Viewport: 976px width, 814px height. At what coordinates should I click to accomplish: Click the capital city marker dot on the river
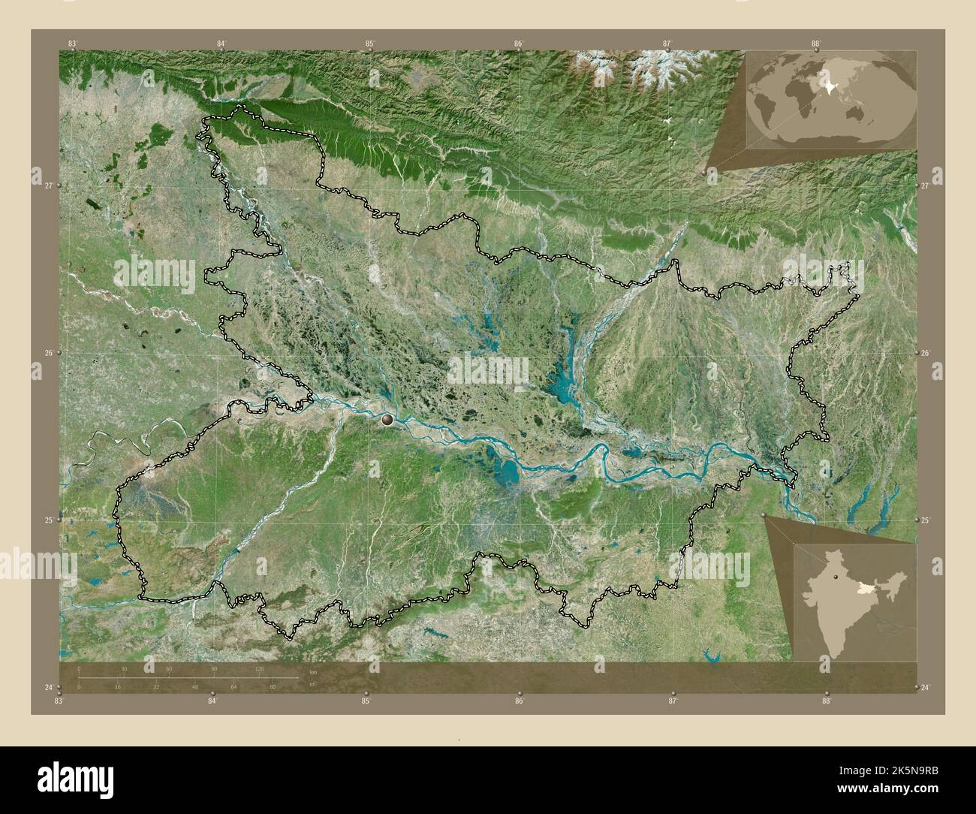click(x=387, y=421)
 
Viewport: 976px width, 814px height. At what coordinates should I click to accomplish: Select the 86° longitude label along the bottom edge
click(x=519, y=701)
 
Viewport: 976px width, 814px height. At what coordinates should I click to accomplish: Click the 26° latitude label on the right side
click(x=926, y=353)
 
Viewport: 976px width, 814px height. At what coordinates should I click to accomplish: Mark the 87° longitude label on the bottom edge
click(x=673, y=701)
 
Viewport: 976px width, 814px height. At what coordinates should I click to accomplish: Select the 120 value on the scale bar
click(x=260, y=668)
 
